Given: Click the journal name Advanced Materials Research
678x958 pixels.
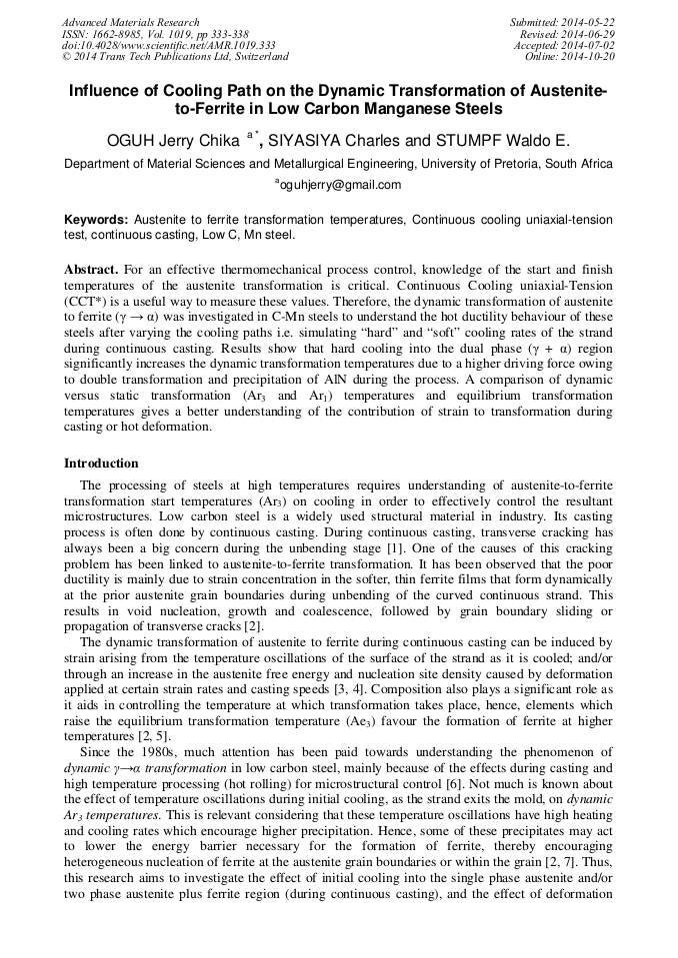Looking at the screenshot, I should (x=130, y=22).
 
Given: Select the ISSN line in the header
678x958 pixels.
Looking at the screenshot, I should (x=155, y=34).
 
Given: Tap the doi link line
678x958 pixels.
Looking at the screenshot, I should (x=168, y=46).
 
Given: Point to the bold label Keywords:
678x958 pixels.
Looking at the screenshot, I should (x=96, y=219).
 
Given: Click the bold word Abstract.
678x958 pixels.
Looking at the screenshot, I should (x=91, y=271).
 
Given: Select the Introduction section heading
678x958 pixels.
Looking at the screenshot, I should (x=101, y=464).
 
